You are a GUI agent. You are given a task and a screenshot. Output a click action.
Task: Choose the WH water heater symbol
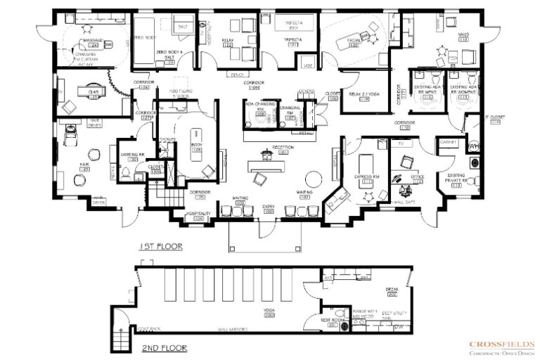pos(473,146)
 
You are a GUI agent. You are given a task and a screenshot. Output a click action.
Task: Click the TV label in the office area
pos(401,143)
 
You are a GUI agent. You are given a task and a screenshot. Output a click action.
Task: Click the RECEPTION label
pos(284,148)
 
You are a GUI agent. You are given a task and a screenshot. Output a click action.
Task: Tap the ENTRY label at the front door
pos(269,206)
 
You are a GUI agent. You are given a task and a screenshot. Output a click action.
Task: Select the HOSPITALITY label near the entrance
pos(199,214)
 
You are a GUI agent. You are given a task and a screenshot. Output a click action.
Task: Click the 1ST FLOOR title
pos(161,247)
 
